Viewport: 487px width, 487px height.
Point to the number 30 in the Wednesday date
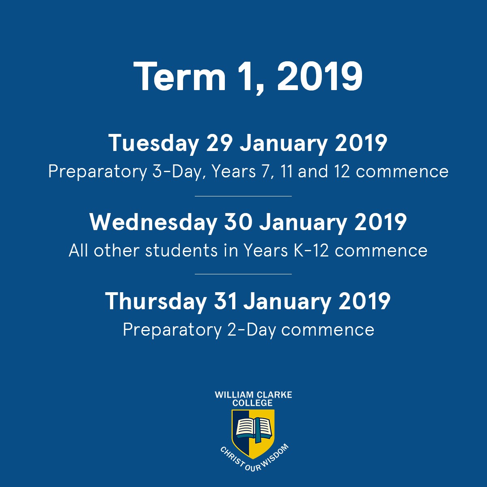238,222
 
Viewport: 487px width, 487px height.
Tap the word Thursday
156,301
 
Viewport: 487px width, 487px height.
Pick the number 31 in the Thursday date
225,301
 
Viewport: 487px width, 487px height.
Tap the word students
181,251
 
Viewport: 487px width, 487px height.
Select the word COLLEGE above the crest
252,403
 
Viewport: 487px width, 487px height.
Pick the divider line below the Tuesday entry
243,196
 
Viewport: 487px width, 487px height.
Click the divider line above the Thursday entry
243,274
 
